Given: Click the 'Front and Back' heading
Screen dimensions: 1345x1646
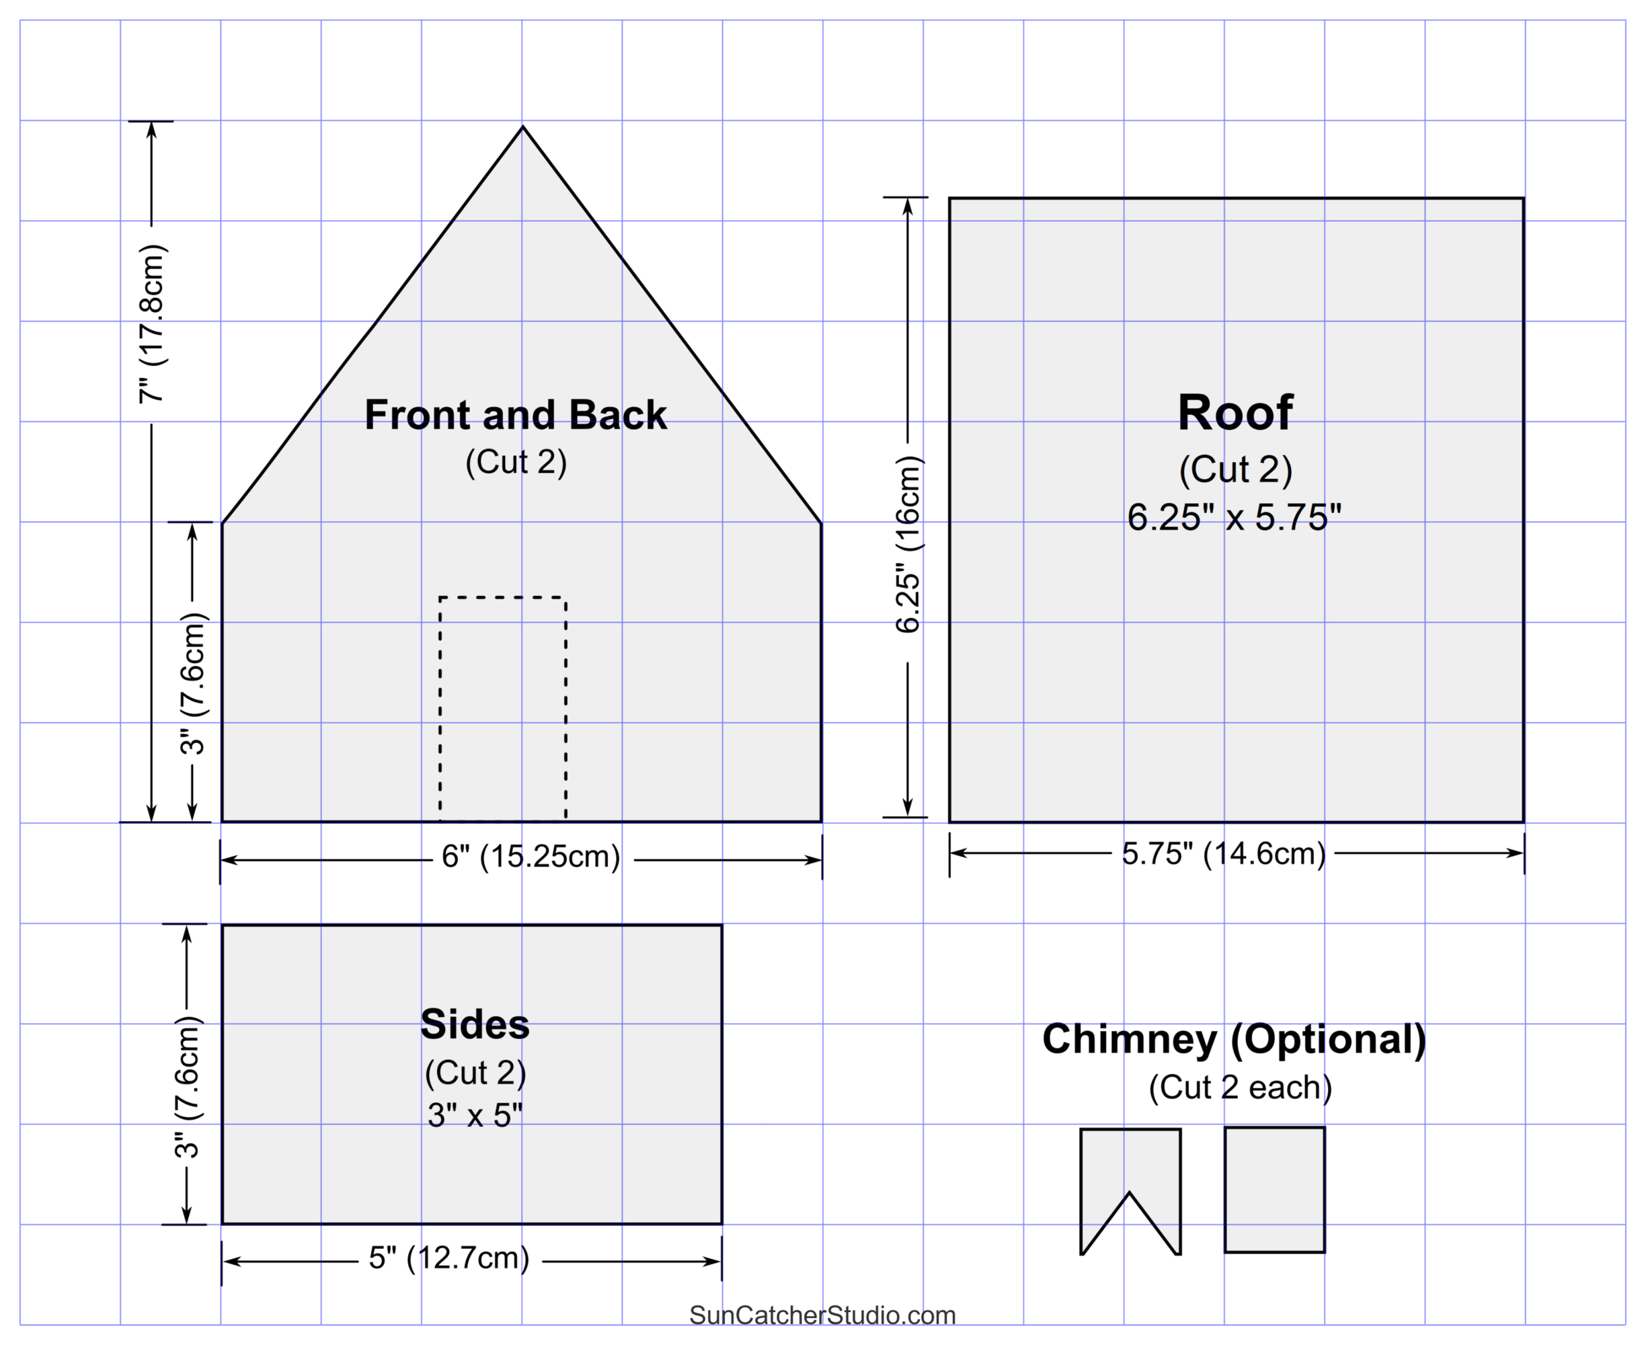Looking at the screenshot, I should [x=515, y=416].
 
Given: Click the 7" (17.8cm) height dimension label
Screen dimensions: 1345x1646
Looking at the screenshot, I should [x=153, y=324].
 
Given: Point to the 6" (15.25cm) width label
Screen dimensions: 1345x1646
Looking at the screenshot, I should [x=531, y=857].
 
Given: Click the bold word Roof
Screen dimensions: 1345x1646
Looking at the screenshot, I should [x=1234, y=413].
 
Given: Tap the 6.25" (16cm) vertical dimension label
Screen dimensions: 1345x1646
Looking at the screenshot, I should [x=908, y=545].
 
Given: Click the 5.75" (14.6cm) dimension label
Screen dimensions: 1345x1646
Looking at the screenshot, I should [x=1224, y=854].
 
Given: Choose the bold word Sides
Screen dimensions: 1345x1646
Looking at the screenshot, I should [x=475, y=1025].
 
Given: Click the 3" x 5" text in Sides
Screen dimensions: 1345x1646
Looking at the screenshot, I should [x=475, y=1116].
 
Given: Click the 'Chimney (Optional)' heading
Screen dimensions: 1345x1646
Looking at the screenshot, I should [x=1234, y=1039].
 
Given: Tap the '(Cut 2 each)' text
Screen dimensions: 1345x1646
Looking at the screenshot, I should [x=1240, y=1088].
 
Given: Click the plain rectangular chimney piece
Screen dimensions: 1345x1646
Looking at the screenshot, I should [x=1274, y=1189].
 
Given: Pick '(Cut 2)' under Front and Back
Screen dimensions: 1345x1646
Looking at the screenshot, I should [x=516, y=463].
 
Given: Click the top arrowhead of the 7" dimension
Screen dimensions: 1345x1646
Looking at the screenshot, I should [x=152, y=129].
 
